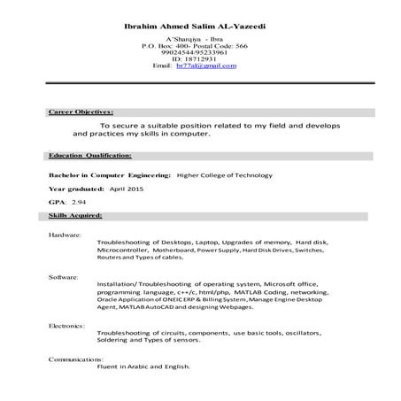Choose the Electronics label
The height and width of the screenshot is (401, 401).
(67, 326)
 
